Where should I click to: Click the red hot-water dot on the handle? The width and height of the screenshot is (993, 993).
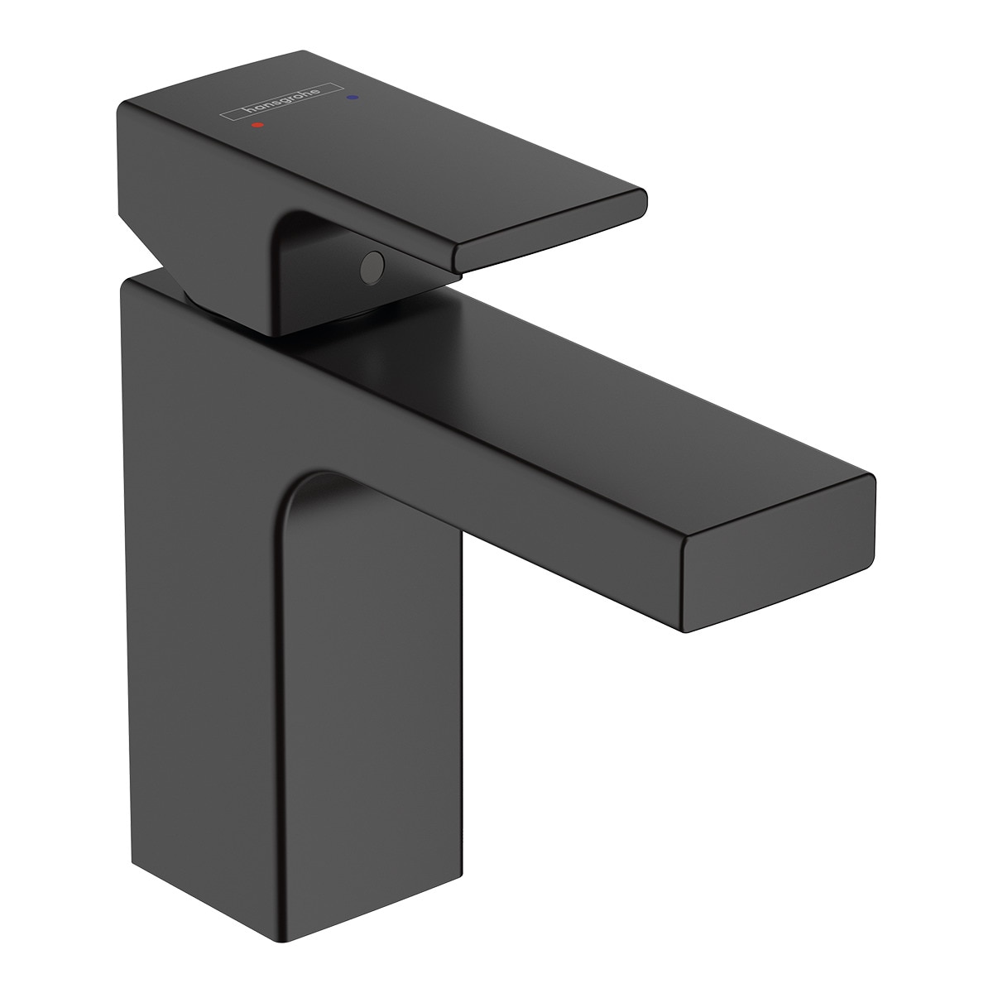coord(257,125)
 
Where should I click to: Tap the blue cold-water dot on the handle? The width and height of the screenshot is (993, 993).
coord(353,96)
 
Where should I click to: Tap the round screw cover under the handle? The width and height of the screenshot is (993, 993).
coord(372,267)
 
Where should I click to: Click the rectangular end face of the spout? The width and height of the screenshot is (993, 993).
coord(778,548)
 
